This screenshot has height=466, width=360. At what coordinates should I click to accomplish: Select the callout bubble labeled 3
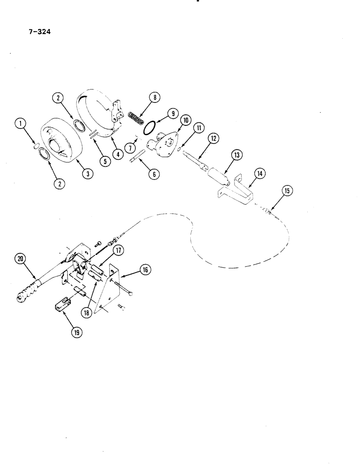tap(88, 174)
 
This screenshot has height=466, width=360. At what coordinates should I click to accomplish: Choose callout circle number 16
tap(144, 269)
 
